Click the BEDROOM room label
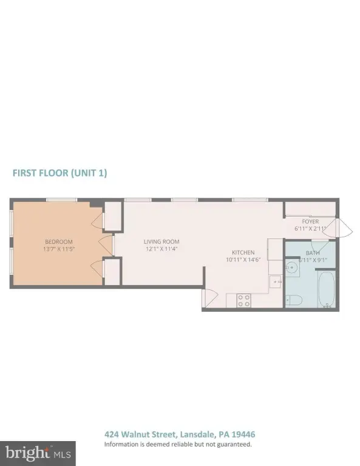click(x=59, y=242)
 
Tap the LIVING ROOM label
click(x=161, y=242)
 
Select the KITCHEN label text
click(x=243, y=252)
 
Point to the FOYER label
click(x=310, y=221)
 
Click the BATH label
click(x=313, y=253)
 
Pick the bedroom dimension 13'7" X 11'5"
click(x=59, y=249)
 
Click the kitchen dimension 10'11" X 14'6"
click(x=243, y=260)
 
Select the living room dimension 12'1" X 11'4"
click(x=161, y=249)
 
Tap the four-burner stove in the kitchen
click(x=244, y=300)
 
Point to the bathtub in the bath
click(x=327, y=289)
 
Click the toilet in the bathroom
click(x=294, y=300)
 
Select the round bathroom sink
click(x=291, y=268)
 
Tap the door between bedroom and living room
click(x=106, y=246)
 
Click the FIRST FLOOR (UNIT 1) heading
click(x=59, y=173)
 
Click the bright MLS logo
click(x=38, y=453)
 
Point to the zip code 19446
click(x=243, y=434)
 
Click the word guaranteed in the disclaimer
click(x=233, y=445)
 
